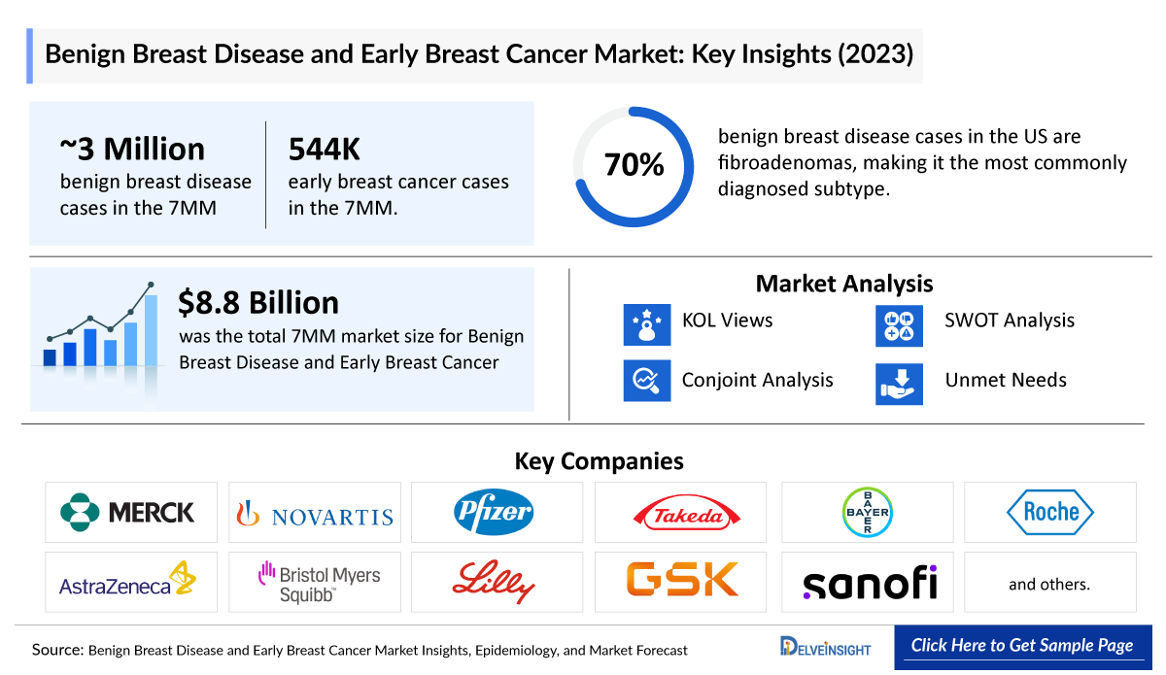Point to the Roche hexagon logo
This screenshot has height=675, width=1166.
[1050, 512]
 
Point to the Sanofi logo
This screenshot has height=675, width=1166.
[870, 582]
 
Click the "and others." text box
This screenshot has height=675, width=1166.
[1049, 584]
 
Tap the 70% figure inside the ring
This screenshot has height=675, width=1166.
[634, 165]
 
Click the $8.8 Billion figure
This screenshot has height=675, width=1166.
[258, 303]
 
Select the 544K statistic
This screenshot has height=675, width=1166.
[325, 149]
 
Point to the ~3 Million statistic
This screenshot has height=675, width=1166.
[132, 149]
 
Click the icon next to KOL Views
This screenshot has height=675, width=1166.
[647, 324]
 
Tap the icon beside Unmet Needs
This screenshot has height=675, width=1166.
[899, 383]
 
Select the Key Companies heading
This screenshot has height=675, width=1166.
[599, 460]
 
